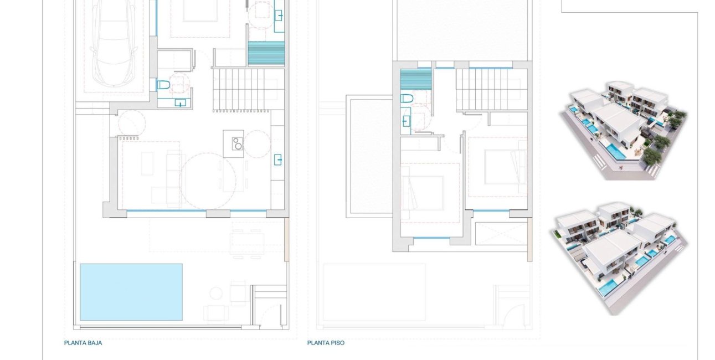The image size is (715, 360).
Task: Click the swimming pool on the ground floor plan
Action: (x=131, y=292)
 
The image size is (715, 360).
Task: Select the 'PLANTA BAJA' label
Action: (x=83, y=343)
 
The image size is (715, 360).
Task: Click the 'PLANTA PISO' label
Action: (x=326, y=343)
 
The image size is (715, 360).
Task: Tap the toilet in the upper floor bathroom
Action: (x=407, y=99)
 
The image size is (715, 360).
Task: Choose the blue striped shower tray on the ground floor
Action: (x=266, y=54)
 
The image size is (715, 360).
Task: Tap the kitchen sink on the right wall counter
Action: (x=278, y=161)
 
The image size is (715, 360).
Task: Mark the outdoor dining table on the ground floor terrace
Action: (x=248, y=243)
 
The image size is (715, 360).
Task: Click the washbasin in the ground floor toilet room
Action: (x=180, y=102)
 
